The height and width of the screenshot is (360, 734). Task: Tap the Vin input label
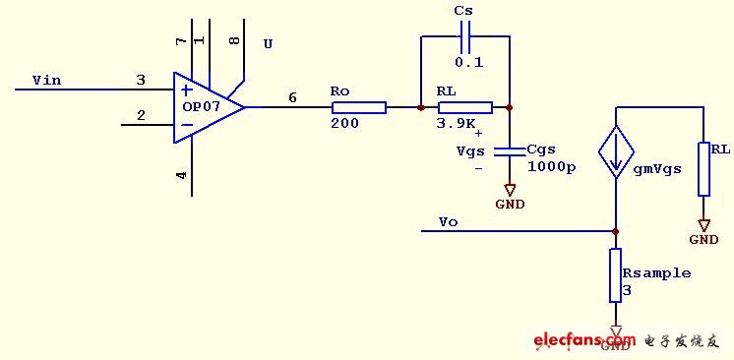point(47,80)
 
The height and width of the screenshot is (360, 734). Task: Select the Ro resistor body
point(359,107)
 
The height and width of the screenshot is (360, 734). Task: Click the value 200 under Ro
point(345,123)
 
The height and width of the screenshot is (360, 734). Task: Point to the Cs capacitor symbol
point(465,36)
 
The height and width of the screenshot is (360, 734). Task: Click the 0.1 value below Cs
point(469,62)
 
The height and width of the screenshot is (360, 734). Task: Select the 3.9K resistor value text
point(457,124)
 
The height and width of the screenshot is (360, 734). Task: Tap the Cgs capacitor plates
point(510,150)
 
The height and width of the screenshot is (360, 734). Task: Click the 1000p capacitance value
point(552,167)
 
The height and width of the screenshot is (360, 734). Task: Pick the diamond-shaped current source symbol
point(616,151)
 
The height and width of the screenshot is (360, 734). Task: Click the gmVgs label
point(656,169)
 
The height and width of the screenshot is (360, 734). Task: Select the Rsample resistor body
point(616,275)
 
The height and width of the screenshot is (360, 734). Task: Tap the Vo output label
point(448,222)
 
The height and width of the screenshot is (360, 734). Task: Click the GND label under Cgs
point(511,205)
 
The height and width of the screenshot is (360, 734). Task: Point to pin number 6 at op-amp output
point(292,97)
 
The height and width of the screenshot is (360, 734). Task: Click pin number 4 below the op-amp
point(181,175)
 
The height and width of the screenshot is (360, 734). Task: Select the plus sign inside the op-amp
point(187,90)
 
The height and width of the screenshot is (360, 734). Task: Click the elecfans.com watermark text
point(584,340)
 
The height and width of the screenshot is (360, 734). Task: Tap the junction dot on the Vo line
point(616,231)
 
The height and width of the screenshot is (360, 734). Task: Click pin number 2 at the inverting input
point(141,115)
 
